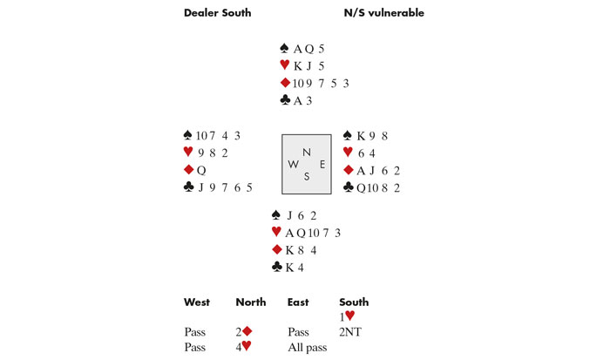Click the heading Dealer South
pos(218,13)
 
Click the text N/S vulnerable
pos(384,13)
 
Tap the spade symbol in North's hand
pos(284,48)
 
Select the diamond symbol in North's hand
pos(285,83)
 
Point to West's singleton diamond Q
pos(201,171)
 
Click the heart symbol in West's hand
pos(188,152)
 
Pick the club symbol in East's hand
pos(349,187)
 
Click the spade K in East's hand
pos(361,136)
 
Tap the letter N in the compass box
pos(307,153)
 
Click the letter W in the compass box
pos(293,164)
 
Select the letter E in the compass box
pos(322,165)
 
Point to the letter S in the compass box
pos(307,177)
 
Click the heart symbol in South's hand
pos(276,232)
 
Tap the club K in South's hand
pos(289,268)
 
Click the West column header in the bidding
pos(197,302)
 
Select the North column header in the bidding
pos(251,302)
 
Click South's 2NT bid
pos(350,332)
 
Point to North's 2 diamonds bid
pos(243,331)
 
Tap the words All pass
pos(308,348)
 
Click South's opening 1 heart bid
pos(347,316)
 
